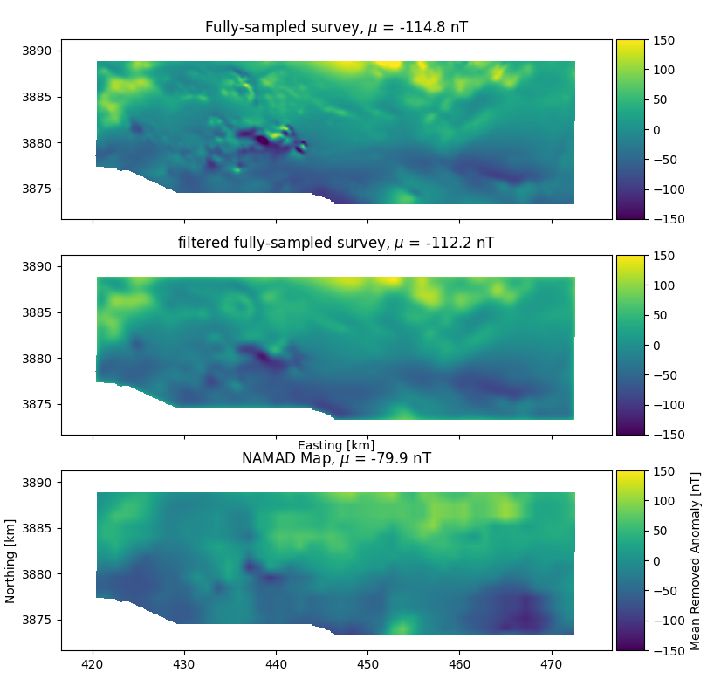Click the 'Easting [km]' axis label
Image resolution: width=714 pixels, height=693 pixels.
(x=336, y=445)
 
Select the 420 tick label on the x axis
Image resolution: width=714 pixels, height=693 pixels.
(x=93, y=666)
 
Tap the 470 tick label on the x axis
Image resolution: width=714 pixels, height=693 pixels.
(x=552, y=666)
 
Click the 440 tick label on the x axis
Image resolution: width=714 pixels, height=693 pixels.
(x=276, y=666)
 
